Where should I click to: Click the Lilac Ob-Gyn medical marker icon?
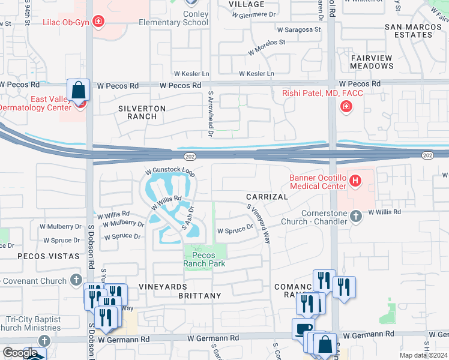click(98, 23)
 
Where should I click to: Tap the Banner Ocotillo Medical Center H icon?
click(355, 180)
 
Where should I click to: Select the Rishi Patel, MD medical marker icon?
click(346, 107)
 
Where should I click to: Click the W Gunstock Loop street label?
click(169, 173)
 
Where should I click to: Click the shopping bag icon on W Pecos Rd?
click(78, 91)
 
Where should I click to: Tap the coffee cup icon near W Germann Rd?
click(303, 329)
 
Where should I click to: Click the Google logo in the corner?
click(19, 353)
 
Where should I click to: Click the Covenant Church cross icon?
click(76, 280)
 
